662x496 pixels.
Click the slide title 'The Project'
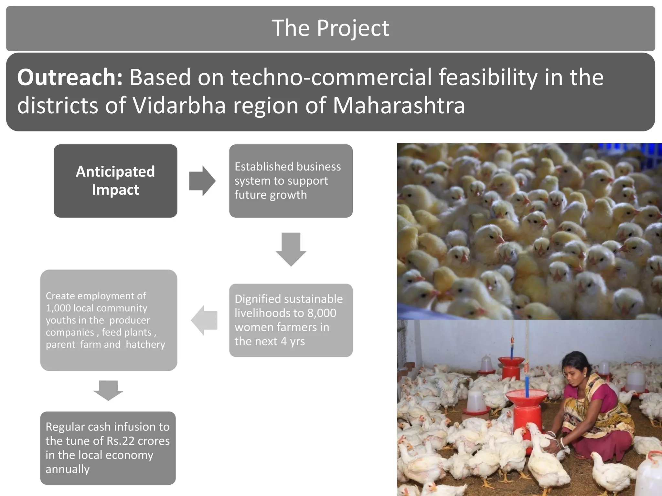(330, 28)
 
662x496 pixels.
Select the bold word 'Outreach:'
(70, 77)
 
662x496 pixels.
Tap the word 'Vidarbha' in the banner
(179, 106)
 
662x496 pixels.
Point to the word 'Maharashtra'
(399, 106)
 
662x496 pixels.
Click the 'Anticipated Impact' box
(115, 181)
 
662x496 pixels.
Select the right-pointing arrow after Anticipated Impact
(202, 181)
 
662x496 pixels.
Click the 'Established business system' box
(291, 181)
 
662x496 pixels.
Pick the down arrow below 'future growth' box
(291, 249)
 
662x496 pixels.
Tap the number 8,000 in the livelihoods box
(322, 313)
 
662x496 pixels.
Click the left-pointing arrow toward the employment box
(204, 320)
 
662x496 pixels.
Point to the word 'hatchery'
(145, 345)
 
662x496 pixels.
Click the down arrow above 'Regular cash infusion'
(108, 390)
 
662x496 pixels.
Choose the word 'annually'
(68, 469)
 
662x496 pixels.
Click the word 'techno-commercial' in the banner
(331, 77)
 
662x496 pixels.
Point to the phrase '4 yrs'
(293, 341)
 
